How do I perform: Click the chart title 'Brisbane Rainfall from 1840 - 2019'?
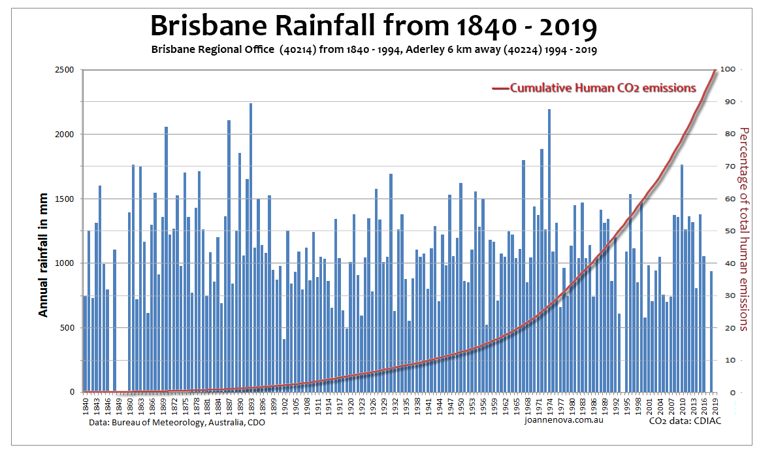click(x=373, y=25)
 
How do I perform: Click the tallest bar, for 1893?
click(x=251, y=248)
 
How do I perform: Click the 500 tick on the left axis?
click(x=66, y=328)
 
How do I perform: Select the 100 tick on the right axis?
click(x=728, y=70)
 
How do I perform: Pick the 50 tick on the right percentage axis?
click(x=726, y=231)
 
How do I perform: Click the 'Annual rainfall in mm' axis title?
click(x=43, y=255)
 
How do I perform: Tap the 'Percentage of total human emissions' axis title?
click(x=743, y=229)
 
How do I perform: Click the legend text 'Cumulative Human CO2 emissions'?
click(x=602, y=88)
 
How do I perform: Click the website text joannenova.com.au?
click(x=563, y=422)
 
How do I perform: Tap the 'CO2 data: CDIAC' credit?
click(x=684, y=422)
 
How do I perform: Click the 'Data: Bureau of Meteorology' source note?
click(x=177, y=423)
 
